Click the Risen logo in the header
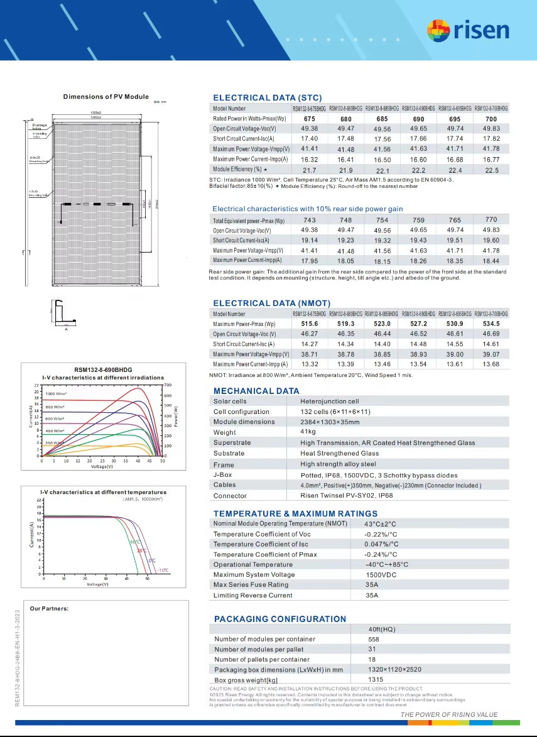click(468, 30)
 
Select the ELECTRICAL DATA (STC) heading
click(267, 97)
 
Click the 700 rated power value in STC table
click(491, 119)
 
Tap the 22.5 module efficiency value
click(491, 170)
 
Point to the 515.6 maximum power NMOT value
click(310, 324)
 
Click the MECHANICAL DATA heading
click(256, 391)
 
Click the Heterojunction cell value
click(329, 401)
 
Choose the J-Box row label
click(223, 474)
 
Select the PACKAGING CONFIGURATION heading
click(280, 619)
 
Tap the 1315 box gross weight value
click(376, 680)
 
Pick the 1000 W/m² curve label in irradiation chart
click(57, 393)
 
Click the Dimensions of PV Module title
click(106, 97)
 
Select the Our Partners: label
click(49, 608)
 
